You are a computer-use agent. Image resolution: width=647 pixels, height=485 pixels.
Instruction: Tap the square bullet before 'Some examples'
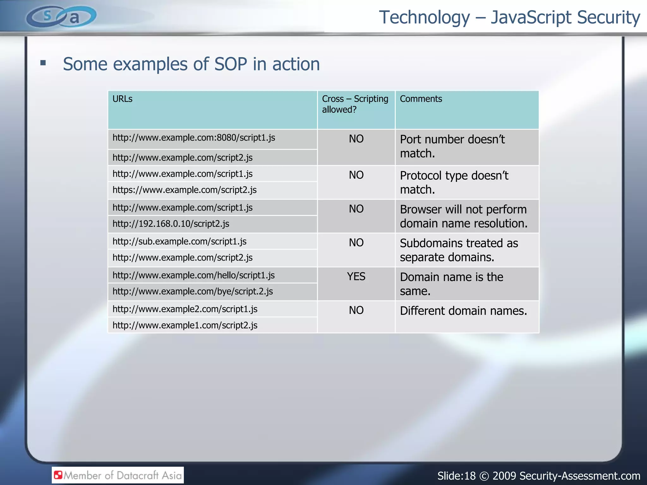43,63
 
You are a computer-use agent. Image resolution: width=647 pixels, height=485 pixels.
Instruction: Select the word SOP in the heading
231,64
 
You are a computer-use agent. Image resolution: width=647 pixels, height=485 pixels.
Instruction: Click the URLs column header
123,99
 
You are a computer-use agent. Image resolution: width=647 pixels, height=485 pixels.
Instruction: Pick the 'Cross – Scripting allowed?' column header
355,104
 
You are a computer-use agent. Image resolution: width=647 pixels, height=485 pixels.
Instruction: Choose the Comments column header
421,99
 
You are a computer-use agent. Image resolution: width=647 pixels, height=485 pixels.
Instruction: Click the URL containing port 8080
194,138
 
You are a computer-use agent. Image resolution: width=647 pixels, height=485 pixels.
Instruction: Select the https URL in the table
184,190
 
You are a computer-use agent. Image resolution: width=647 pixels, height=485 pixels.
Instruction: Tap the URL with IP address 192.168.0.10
171,224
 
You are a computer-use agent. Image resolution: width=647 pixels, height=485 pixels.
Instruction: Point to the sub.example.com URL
179,242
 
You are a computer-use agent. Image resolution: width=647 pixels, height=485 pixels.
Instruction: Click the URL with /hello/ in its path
194,275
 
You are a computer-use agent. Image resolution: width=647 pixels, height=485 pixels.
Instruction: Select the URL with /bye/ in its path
193,291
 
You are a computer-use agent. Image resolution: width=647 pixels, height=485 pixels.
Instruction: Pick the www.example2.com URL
185,309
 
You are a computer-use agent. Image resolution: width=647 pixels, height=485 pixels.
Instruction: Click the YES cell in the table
356,277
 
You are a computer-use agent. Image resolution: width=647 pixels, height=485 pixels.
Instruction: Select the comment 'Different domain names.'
463,311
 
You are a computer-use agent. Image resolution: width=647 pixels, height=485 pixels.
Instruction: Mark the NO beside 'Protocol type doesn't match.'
356,175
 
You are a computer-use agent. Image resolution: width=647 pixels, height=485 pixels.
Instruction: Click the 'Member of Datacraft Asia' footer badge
118,475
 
